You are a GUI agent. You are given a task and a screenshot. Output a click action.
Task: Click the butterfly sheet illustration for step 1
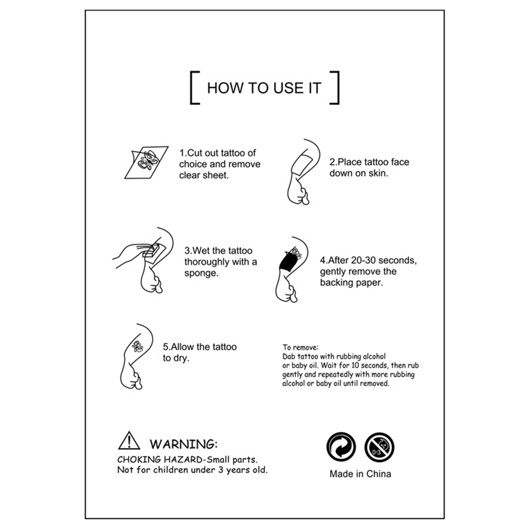coord(146,162)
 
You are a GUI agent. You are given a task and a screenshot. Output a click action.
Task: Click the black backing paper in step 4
coord(287,262)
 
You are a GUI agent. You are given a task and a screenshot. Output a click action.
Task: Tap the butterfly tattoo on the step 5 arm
coord(137,346)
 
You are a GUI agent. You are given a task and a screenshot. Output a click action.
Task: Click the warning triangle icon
coord(129,440)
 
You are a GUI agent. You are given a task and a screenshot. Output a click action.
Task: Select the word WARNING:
coord(183,444)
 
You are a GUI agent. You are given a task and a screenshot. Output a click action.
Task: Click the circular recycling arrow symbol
coord(341,447)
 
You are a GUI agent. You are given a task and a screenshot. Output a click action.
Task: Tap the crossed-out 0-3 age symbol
coord(379,447)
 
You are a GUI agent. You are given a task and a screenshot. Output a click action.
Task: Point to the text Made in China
coord(360,474)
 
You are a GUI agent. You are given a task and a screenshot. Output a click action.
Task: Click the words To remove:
coord(300,347)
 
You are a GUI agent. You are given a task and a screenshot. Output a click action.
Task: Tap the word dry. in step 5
coord(181,358)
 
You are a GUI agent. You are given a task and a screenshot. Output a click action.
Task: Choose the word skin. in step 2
coord(378,173)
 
